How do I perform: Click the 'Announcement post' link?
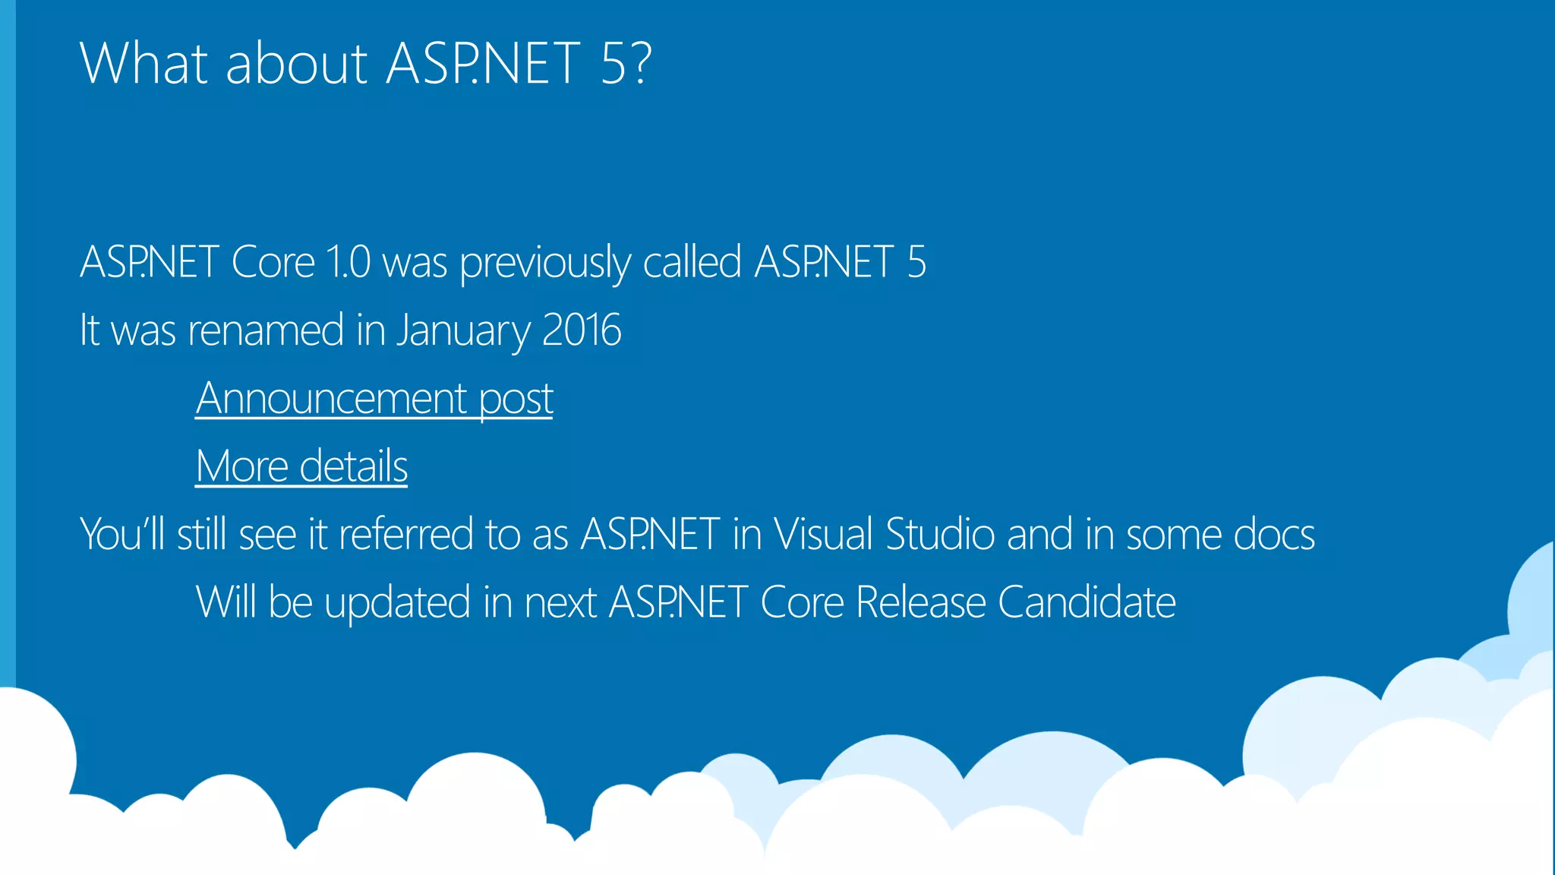(x=374, y=398)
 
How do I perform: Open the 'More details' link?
(x=301, y=466)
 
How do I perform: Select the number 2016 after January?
(x=582, y=330)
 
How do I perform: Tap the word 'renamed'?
(x=266, y=330)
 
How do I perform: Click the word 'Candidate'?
(x=1087, y=602)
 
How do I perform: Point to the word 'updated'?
(x=397, y=603)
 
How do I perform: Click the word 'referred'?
(x=405, y=534)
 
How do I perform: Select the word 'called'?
(x=692, y=262)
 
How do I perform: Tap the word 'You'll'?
(x=122, y=534)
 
